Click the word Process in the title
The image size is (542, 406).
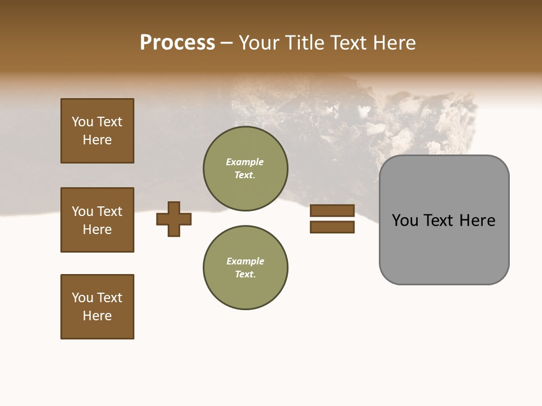click(x=177, y=43)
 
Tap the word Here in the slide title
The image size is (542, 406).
click(x=392, y=43)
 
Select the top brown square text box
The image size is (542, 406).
click(x=97, y=131)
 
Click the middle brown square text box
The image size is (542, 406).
click(x=97, y=220)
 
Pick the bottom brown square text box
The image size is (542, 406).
click(x=97, y=307)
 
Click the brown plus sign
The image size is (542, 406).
click(x=174, y=219)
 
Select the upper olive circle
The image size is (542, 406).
click(x=245, y=169)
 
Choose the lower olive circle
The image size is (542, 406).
click(x=245, y=268)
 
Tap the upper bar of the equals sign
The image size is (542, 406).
click(x=332, y=211)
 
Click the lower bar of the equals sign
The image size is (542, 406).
click(x=332, y=227)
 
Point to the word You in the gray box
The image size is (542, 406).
click(x=405, y=220)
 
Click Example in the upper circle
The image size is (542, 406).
click(x=244, y=162)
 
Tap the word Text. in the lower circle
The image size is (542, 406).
click(x=245, y=275)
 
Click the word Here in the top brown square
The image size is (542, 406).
click(x=97, y=140)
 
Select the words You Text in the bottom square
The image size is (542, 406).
click(x=97, y=298)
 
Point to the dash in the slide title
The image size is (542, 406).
click(x=227, y=43)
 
